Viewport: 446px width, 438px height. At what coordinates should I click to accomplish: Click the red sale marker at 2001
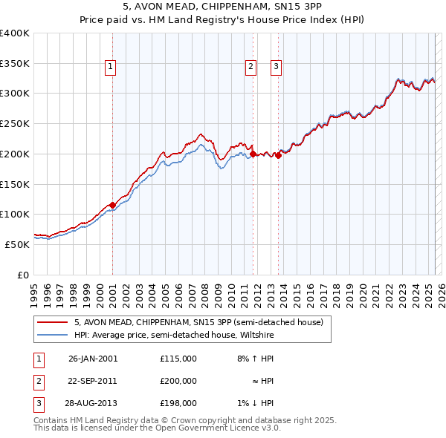click(x=112, y=205)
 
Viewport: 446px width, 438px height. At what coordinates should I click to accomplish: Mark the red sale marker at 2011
click(x=253, y=154)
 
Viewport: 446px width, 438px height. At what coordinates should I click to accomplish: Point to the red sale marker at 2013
click(x=278, y=155)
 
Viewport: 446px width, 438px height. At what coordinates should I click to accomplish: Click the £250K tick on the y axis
click(x=15, y=123)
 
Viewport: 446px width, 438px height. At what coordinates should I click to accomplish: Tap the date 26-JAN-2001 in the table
click(x=93, y=359)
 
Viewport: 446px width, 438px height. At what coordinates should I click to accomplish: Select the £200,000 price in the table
click(x=178, y=381)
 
